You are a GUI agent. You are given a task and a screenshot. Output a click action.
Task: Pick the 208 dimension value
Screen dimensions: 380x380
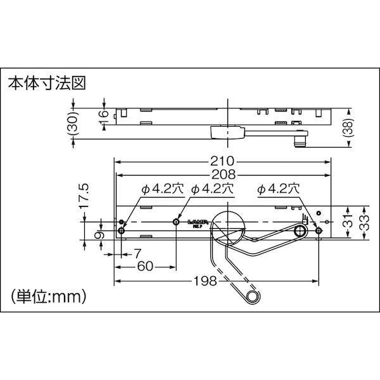pos(223,174)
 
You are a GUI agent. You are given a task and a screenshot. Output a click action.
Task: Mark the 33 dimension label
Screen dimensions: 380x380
pos(365,222)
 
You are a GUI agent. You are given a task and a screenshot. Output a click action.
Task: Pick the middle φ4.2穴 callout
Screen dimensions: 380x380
pos(212,189)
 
